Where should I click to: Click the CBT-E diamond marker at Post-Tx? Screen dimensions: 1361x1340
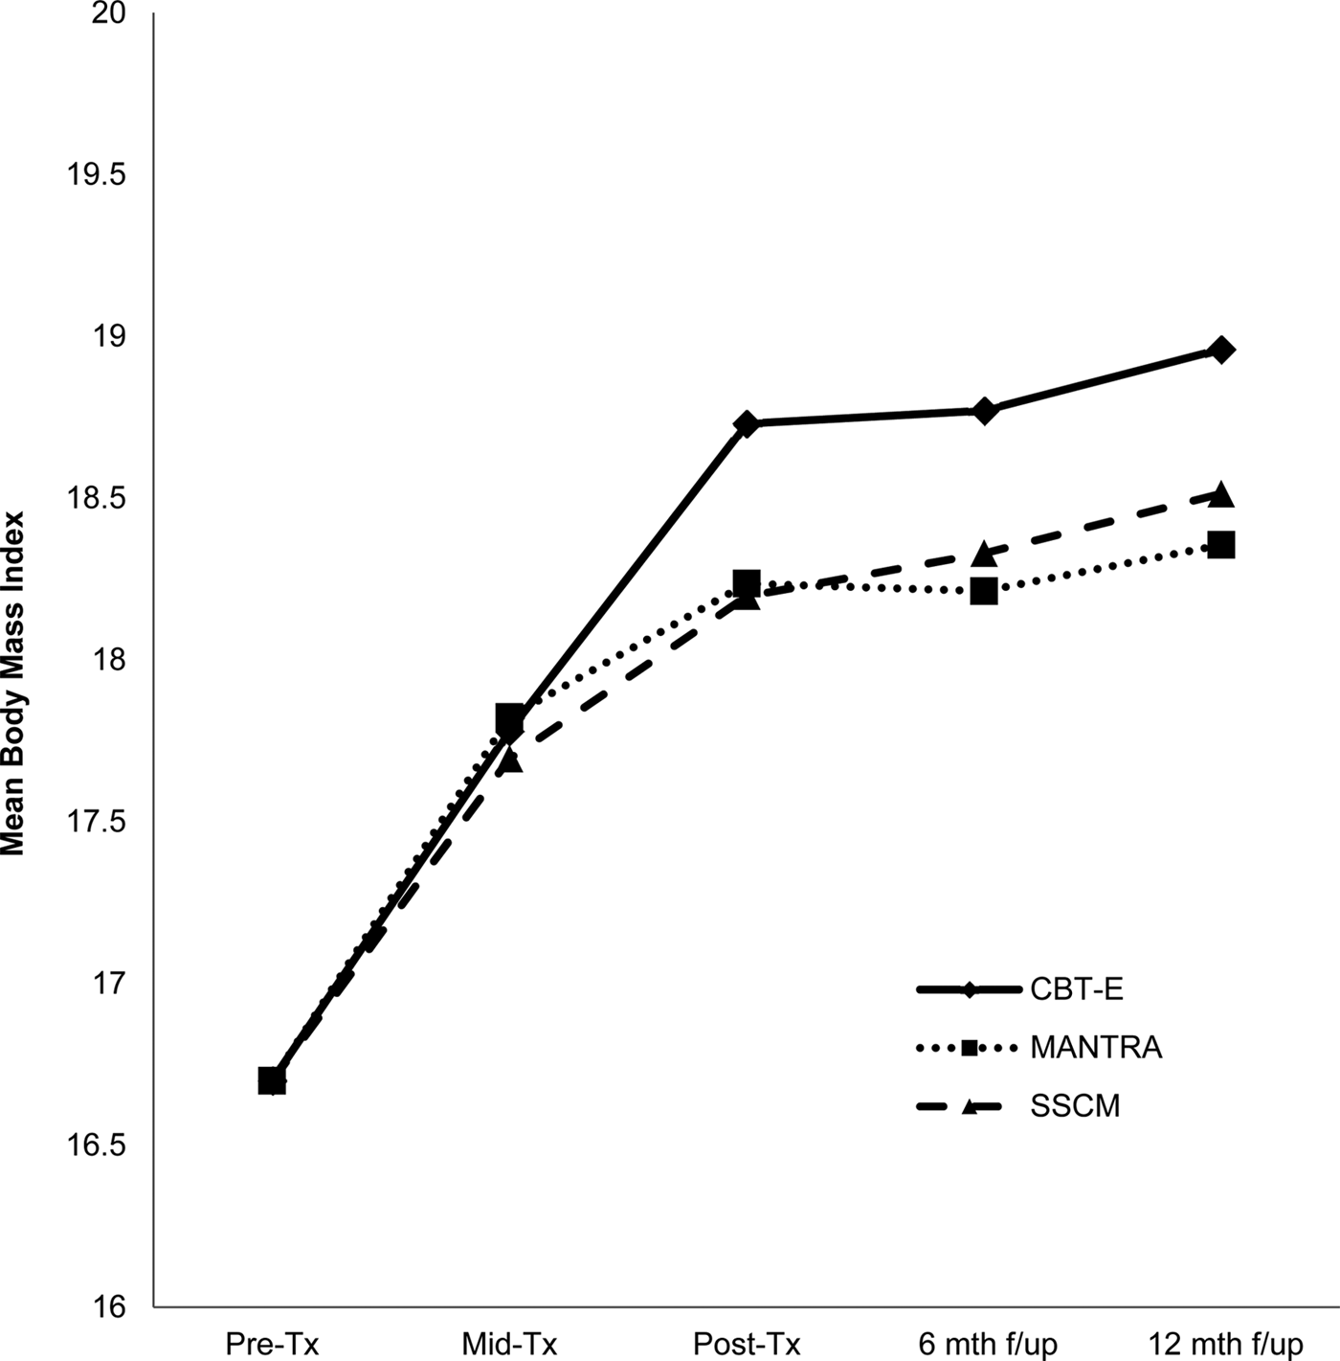click(x=747, y=423)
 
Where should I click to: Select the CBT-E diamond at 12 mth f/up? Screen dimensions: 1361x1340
click(x=1221, y=350)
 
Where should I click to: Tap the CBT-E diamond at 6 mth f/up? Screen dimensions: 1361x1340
click(x=984, y=411)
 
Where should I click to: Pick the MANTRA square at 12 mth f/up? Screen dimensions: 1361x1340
click(x=1221, y=545)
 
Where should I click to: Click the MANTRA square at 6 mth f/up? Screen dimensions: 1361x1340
click(x=984, y=592)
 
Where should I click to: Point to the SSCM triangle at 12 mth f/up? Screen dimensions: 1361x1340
click(x=1221, y=494)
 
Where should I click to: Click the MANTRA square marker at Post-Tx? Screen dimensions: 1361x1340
click(x=747, y=582)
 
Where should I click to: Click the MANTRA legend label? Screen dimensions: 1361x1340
click(x=1096, y=1048)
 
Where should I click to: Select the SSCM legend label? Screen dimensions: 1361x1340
click(x=1075, y=1106)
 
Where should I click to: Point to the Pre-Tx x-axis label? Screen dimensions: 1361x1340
click(x=272, y=1344)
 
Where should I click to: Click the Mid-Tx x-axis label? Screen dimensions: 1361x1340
click(x=509, y=1344)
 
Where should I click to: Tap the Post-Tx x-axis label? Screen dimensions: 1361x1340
click(x=747, y=1344)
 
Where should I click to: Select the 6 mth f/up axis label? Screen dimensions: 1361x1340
click(x=988, y=1344)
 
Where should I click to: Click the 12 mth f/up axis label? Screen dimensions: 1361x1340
click(x=1225, y=1344)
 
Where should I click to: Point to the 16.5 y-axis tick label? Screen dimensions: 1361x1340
click(x=93, y=1146)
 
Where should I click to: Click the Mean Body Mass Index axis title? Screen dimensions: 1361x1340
click(x=13, y=682)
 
